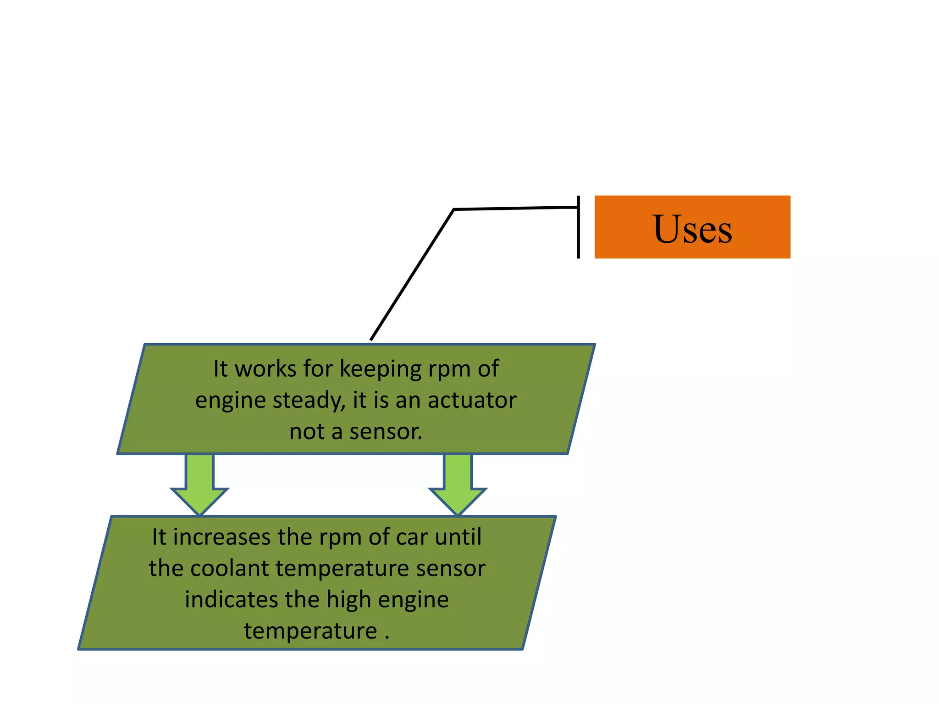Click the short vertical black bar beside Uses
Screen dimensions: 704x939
[578, 227]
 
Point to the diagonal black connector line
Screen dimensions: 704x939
[412, 275]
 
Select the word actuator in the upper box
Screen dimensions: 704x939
[472, 400]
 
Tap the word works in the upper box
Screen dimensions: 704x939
[265, 369]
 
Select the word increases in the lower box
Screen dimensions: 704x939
[222, 537]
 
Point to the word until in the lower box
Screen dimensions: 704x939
[458, 537]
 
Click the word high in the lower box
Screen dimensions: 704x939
[349, 600]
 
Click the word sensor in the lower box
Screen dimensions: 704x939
[450, 569]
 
